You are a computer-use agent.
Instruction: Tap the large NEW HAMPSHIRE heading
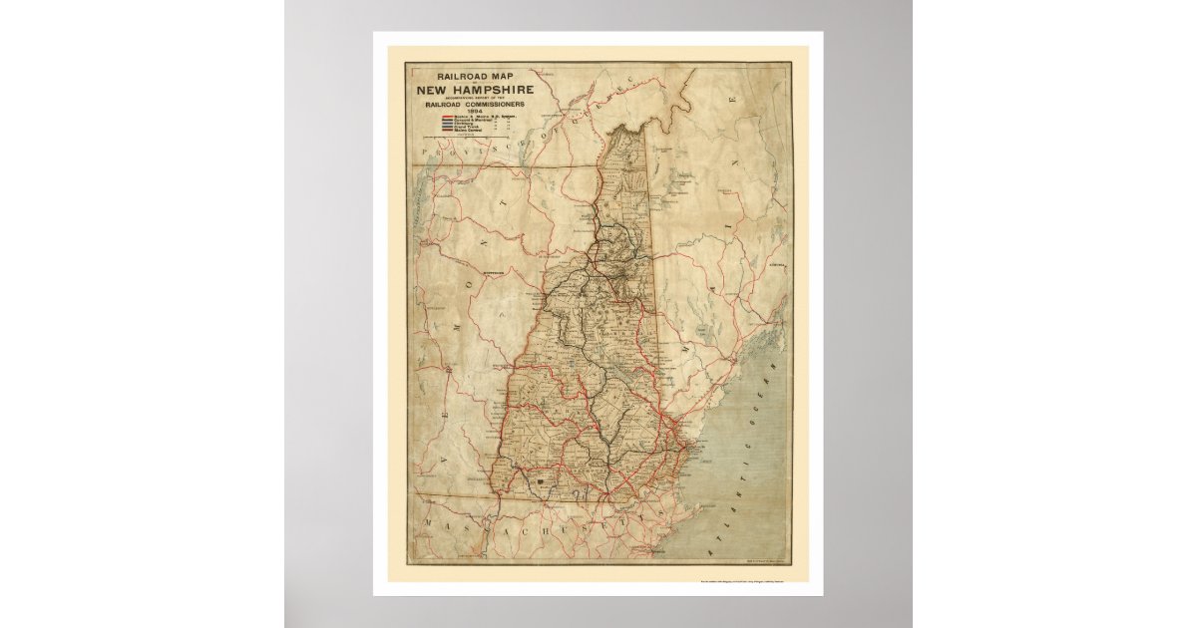pos(475,89)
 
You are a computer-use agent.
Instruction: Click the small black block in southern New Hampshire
pos(543,481)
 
